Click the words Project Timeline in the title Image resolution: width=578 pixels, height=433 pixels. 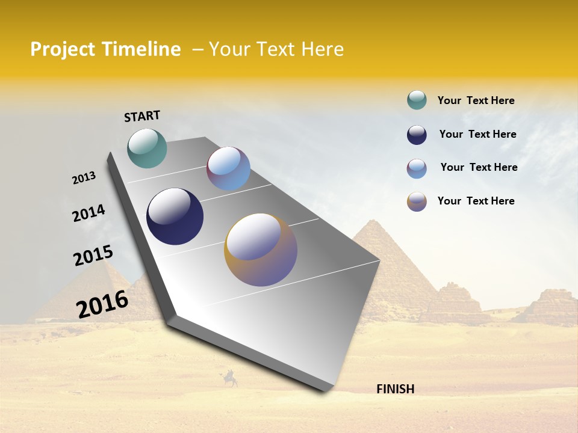pyautogui.click(x=105, y=49)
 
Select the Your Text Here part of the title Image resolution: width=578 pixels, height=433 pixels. pyautogui.click(x=276, y=49)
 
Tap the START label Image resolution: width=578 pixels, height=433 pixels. pyautogui.click(x=142, y=116)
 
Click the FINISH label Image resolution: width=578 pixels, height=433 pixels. pyautogui.click(x=395, y=389)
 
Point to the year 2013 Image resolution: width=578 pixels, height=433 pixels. pyautogui.click(x=84, y=178)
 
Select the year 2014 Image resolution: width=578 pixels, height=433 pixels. pyautogui.click(x=89, y=213)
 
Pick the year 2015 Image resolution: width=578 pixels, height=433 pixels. pyautogui.click(x=93, y=255)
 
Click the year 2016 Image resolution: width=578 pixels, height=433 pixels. pyautogui.click(x=102, y=304)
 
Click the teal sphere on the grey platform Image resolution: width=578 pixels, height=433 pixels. pyautogui.click(x=147, y=148)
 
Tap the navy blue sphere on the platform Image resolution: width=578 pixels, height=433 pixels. pyautogui.click(x=175, y=216)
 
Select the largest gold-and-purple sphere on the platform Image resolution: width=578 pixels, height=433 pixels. pyautogui.click(x=261, y=250)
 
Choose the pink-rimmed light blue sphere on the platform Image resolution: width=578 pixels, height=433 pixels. pyautogui.click(x=228, y=168)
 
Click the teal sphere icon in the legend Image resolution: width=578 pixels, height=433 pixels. pyautogui.click(x=417, y=100)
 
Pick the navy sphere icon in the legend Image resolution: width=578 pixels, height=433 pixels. pyautogui.click(x=417, y=135)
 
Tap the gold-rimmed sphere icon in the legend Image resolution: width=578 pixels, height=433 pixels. pyautogui.click(x=417, y=201)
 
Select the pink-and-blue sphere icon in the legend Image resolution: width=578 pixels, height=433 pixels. pyautogui.click(x=417, y=168)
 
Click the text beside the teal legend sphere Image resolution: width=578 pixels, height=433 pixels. pyautogui.click(x=476, y=100)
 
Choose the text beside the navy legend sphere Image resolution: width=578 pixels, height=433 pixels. pyautogui.click(x=477, y=134)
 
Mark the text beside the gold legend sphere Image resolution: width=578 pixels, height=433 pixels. pyautogui.click(x=476, y=201)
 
